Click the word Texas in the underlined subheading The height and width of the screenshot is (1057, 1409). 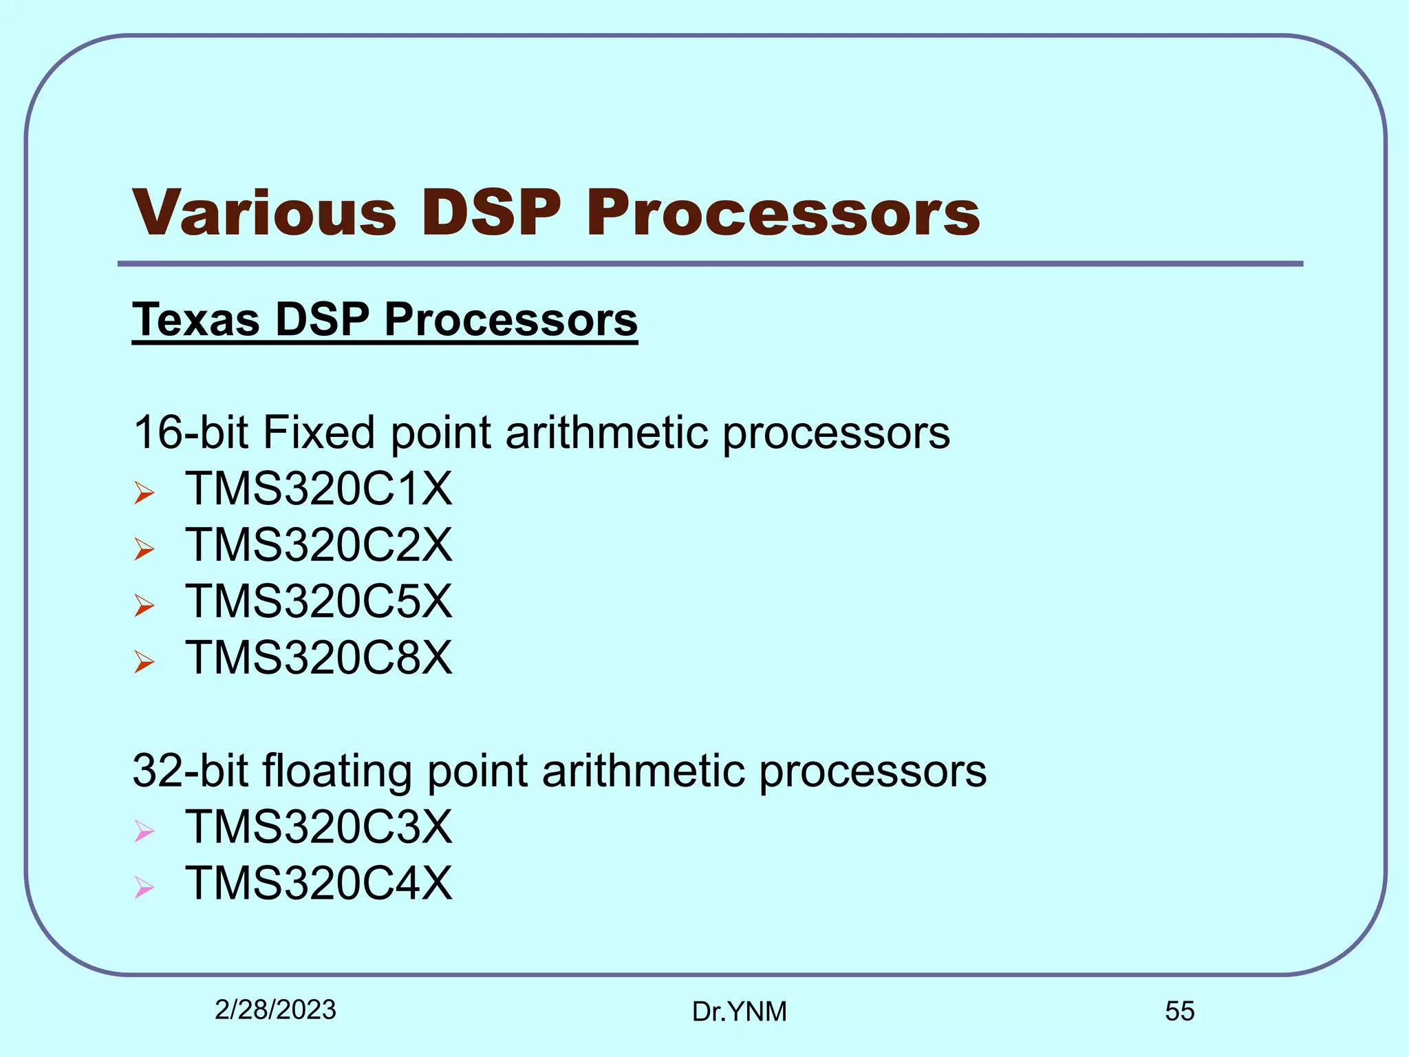pos(196,320)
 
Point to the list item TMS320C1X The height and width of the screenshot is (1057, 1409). pos(319,489)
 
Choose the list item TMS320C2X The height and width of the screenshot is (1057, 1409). pos(319,546)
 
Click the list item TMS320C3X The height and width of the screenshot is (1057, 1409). pos(319,827)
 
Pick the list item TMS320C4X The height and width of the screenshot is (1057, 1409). pos(319,884)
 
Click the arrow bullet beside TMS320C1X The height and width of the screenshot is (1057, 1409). pos(144,493)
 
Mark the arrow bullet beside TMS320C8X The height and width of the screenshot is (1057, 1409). pos(144,662)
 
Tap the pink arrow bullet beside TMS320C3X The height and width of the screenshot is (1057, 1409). pos(144,831)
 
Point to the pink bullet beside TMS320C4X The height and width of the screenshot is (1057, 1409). pos(144,887)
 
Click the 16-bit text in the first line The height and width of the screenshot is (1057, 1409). pos(191,433)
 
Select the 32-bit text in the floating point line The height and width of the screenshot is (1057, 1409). pos(191,771)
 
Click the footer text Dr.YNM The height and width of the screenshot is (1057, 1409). pos(740,1012)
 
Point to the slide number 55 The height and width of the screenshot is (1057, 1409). pos(1180,1012)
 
